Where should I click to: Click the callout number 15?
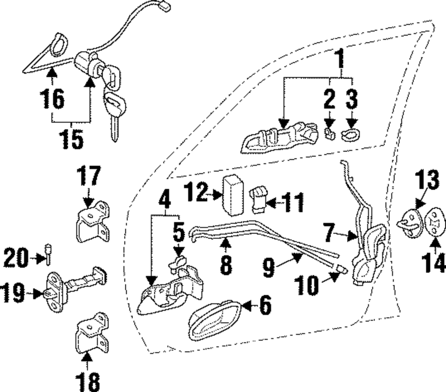pyautogui.click(x=71, y=139)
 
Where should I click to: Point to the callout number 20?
pyautogui.click(x=16, y=258)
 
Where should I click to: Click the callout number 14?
pyautogui.click(x=433, y=263)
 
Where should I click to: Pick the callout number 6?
pyautogui.click(x=265, y=305)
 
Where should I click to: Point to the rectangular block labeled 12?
pyautogui.click(x=233, y=195)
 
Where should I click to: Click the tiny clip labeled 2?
pyautogui.click(x=330, y=133)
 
